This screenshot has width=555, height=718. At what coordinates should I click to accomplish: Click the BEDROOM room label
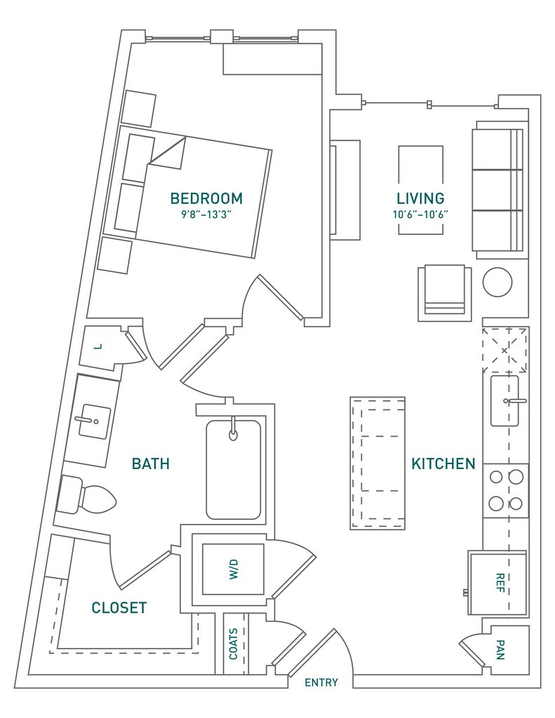pyautogui.click(x=206, y=198)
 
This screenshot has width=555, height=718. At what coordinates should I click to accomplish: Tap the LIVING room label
pyautogui.click(x=420, y=198)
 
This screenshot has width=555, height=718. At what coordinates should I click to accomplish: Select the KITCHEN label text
pyautogui.click(x=443, y=463)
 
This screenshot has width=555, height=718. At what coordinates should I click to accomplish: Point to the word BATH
pyautogui.click(x=151, y=463)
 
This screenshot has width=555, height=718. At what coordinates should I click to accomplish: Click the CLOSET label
pyautogui.click(x=119, y=608)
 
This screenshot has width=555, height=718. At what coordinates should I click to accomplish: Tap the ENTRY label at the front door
pyautogui.click(x=321, y=682)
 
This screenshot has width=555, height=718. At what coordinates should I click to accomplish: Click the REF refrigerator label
pyautogui.click(x=500, y=583)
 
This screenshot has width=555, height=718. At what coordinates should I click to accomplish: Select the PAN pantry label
pyautogui.click(x=500, y=650)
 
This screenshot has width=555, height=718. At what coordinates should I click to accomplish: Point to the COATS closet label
pyautogui.click(x=233, y=644)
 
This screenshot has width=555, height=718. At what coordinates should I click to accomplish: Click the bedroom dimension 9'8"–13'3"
pyautogui.click(x=206, y=215)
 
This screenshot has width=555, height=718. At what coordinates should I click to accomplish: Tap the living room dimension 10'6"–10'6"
pyautogui.click(x=420, y=215)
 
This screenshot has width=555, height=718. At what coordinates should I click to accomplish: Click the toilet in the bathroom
pyautogui.click(x=86, y=496)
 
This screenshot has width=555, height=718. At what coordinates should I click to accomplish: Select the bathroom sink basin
pyautogui.click(x=95, y=421)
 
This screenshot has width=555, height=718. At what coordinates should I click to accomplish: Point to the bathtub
pyautogui.click(x=234, y=469)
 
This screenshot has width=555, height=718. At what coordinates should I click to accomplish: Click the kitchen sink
pyautogui.click(x=504, y=400)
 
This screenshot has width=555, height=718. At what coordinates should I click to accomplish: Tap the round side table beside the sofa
pyautogui.click(x=497, y=283)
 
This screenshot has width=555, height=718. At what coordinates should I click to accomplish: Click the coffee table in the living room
pyautogui.click(x=421, y=190)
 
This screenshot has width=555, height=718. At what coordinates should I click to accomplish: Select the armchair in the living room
pyautogui.click(x=445, y=292)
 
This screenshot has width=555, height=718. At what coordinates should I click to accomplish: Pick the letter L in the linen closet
pyautogui.click(x=97, y=346)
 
